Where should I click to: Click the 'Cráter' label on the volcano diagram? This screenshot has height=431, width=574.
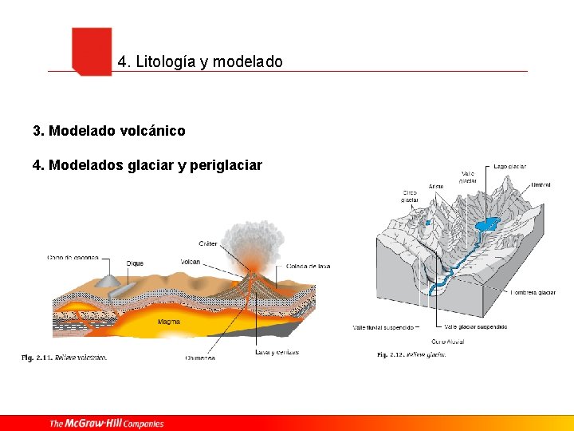[x=207, y=243]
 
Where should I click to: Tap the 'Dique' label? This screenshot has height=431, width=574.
[x=135, y=263]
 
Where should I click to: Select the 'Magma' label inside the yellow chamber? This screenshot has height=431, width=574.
[x=168, y=322]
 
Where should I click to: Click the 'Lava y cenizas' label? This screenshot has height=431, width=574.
[x=277, y=352]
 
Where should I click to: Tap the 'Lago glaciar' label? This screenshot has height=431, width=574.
[x=509, y=167]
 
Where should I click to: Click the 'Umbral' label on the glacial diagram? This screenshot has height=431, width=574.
[x=541, y=184]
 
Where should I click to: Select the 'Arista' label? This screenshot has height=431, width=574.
[x=436, y=186]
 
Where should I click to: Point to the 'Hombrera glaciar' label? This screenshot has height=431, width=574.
[x=533, y=293]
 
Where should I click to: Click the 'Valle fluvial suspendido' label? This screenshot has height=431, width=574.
[x=383, y=326]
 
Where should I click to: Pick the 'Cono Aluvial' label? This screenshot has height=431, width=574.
[x=447, y=342]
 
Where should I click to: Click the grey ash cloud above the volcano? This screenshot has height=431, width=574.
[x=247, y=239]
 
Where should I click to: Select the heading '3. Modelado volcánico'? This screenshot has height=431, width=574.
[x=108, y=130]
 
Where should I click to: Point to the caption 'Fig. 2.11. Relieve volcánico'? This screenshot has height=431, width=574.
[x=64, y=357]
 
